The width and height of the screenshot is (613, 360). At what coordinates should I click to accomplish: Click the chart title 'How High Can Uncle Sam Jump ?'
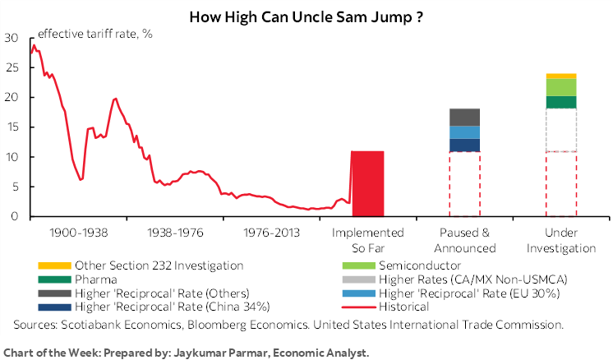[x=306, y=16]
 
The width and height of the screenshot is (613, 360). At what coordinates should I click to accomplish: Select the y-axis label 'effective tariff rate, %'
[x=95, y=34]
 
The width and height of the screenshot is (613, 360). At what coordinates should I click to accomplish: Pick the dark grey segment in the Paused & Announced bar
[x=464, y=117]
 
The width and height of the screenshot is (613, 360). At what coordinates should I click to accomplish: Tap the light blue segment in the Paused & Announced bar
[x=464, y=132]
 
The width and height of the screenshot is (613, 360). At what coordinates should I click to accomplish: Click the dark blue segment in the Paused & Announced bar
[x=464, y=145]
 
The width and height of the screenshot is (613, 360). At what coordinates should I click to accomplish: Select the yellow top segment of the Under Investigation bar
[x=561, y=76]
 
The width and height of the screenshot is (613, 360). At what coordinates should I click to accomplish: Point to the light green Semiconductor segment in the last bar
[x=561, y=87]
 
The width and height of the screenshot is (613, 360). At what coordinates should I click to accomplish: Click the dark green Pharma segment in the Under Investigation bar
[x=561, y=102]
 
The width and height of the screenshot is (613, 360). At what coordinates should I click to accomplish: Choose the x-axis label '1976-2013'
[x=270, y=233]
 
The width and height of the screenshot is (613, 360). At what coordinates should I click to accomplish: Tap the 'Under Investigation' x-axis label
[x=561, y=240]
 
